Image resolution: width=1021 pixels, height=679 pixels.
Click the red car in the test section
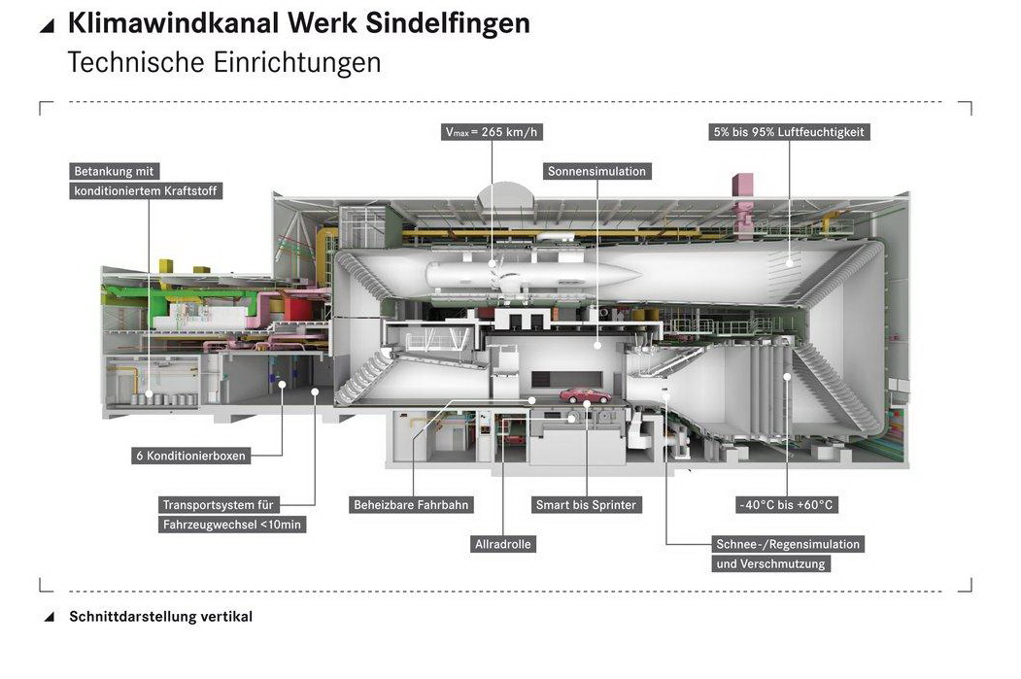(x=585, y=395)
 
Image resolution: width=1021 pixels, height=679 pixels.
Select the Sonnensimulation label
(x=596, y=171)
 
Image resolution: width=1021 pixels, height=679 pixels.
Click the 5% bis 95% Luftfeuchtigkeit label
(x=788, y=132)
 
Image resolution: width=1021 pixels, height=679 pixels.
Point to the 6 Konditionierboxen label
(x=190, y=455)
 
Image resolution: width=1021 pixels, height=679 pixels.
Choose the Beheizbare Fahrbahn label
(x=412, y=505)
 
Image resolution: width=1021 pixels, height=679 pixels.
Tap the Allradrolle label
(x=503, y=544)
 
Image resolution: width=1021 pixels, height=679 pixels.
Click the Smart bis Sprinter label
(x=586, y=505)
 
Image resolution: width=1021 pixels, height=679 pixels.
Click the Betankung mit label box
(x=115, y=171)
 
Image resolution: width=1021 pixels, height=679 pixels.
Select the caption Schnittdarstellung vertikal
(x=160, y=617)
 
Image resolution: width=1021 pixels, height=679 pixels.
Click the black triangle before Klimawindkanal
(x=47, y=26)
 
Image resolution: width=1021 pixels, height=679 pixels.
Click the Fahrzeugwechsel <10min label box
(x=231, y=525)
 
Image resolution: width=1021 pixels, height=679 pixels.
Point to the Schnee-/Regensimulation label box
(x=787, y=544)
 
